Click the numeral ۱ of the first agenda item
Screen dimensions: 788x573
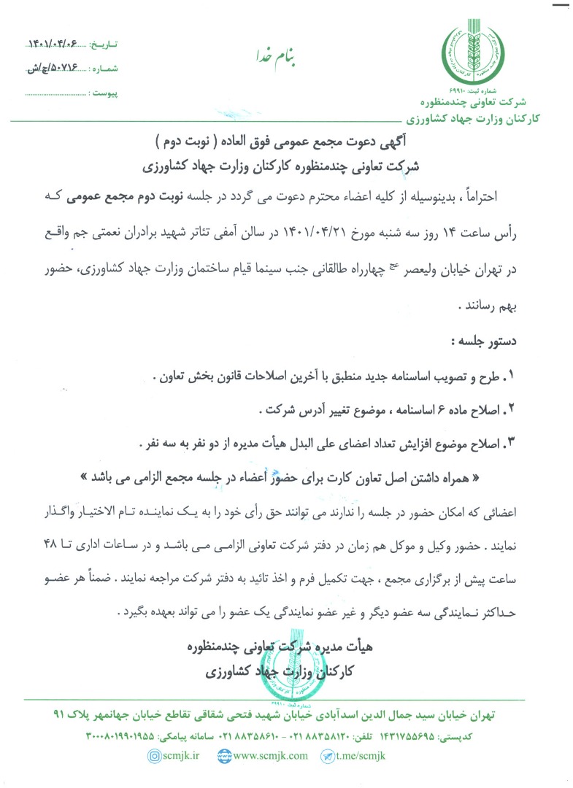pyautogui.click(x=529, y=376)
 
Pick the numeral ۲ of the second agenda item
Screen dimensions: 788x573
pyautogui.click(x=529, y=409)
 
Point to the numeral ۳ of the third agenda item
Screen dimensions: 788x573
pyautogui.click(x=529, y=442)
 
